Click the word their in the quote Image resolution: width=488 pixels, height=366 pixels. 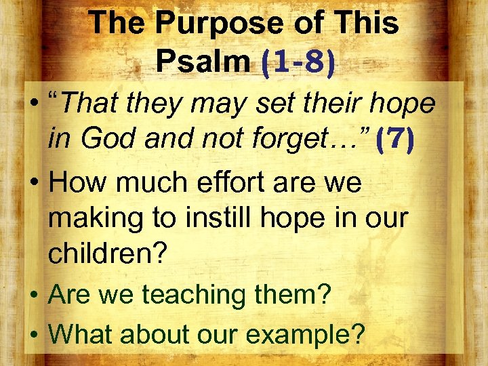point(331,103)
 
